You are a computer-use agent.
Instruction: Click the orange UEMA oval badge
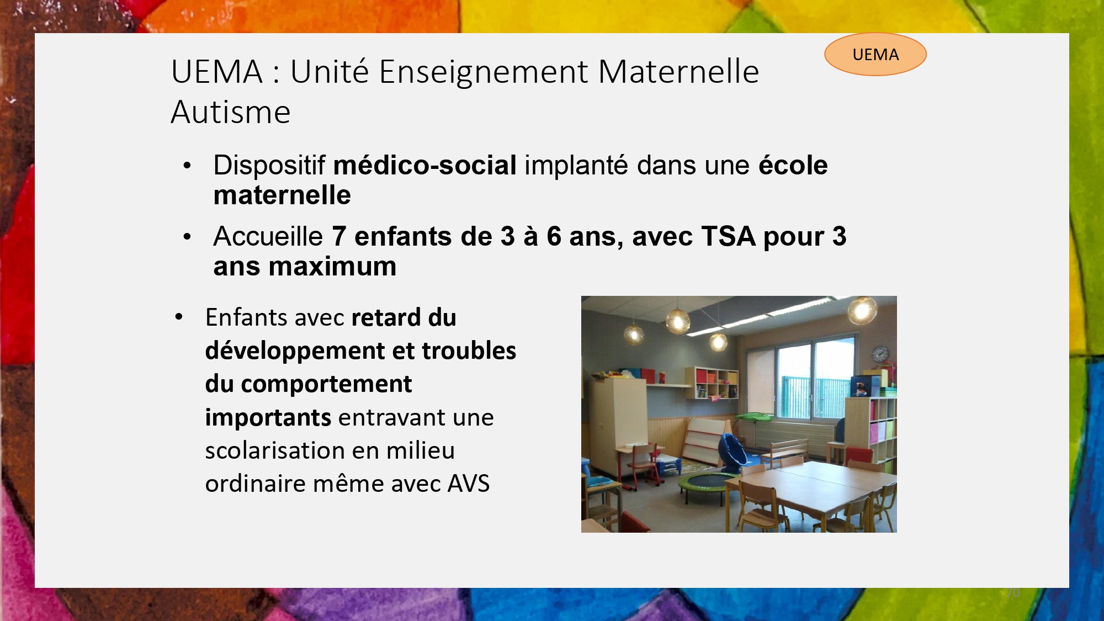click(875, 54)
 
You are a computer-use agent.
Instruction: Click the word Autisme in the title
click(231, 112)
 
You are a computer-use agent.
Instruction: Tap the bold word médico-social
click(425, 165)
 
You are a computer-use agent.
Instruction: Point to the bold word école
click(793, 165)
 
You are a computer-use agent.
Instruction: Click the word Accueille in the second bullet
click(268, 236)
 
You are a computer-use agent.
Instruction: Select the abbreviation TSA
click(728, 236)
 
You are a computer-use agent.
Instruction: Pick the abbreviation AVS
click(469, 484)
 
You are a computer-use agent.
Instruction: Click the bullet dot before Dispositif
click(188, 166)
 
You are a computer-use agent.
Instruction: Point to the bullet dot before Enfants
click(179, 317)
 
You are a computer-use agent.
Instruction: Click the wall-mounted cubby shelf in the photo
click(712, 383)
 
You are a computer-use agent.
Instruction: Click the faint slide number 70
click(1013, 592)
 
